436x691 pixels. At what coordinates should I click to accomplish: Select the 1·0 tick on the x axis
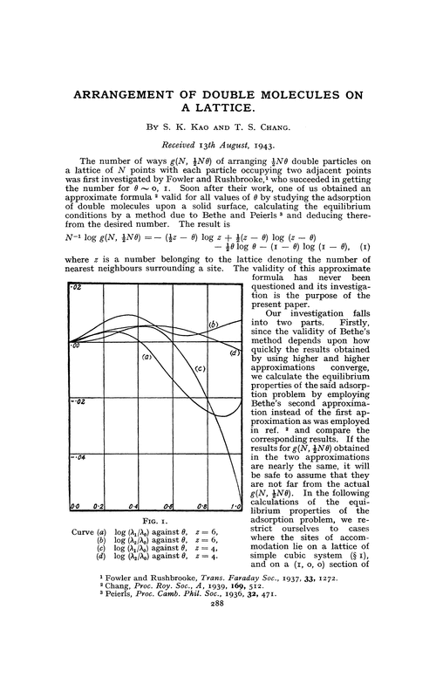(x=235, y=506)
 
